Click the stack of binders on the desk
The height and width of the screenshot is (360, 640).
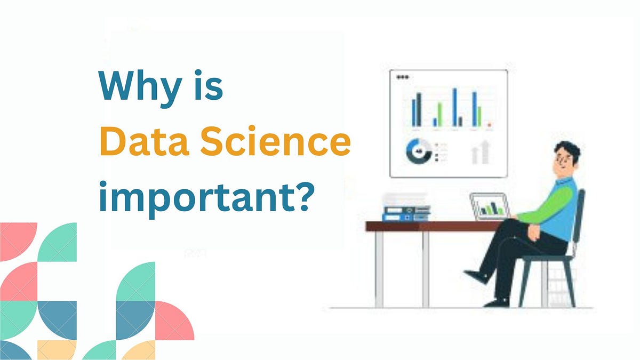[406, 208]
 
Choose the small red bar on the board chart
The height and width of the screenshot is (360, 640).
[490, 124]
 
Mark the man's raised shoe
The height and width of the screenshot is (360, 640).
[477, 276]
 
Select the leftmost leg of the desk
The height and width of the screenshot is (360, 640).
[379, 269]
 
